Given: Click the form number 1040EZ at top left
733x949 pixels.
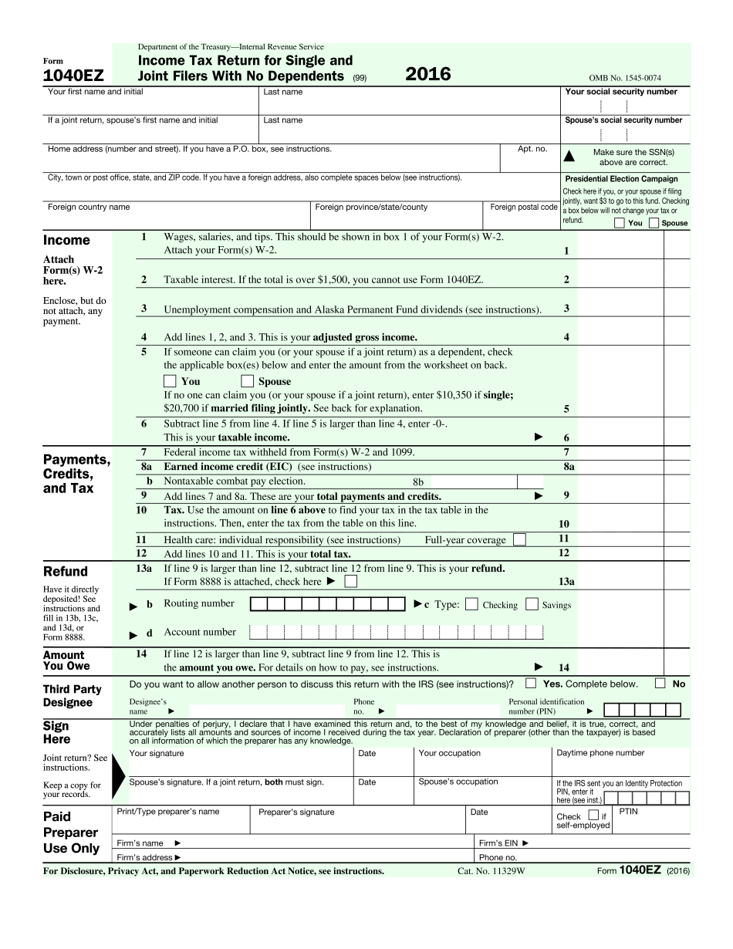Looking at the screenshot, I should (x=73, y=76).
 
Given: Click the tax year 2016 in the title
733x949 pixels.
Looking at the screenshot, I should (x=427, y=74).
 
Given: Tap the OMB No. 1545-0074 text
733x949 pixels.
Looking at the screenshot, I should (x=624, y=78).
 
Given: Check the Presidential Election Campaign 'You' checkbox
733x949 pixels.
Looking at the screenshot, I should (x=620, y=223).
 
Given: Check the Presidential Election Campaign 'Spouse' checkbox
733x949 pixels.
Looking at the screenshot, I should (x=654, y=223).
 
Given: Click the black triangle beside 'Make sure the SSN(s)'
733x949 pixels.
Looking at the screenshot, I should (x=569, y=157).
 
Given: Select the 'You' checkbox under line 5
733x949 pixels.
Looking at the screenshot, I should (x=170, y=380).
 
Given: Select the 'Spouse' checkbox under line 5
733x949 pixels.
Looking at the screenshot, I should (x=247, y=380).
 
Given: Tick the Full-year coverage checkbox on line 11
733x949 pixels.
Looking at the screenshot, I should (x=519, y=539).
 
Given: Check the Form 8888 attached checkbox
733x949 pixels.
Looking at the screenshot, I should (x=351, y=581).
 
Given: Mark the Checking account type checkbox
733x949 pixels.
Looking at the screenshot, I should (x=471, y=604).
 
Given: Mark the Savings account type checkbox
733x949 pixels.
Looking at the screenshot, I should (x=531, y=604).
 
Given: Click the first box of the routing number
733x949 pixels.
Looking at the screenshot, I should (x=259, y=603).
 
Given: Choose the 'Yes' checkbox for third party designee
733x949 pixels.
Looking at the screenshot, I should (x=531, y=683).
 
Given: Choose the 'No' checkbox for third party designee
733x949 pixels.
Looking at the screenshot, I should (x=660, y=683).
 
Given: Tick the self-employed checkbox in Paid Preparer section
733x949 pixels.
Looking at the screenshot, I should (x=593, y=815).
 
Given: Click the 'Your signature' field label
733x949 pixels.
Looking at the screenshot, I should (x=157, y=753).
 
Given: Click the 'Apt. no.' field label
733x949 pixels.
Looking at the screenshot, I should (x=532, y=149).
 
